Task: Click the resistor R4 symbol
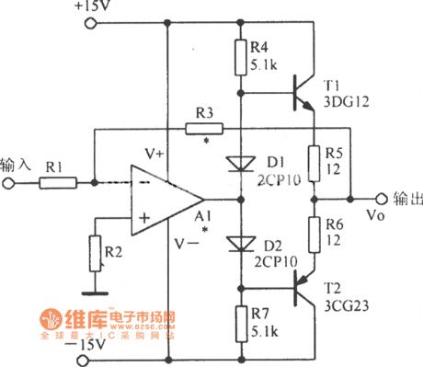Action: click(x=241, y=58)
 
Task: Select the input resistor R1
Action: click(x=57, y=183)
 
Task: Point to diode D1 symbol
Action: click(x=241, y=165)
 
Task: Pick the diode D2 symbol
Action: click(x=241, y=244)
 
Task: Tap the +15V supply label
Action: click(x=88, y=8)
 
